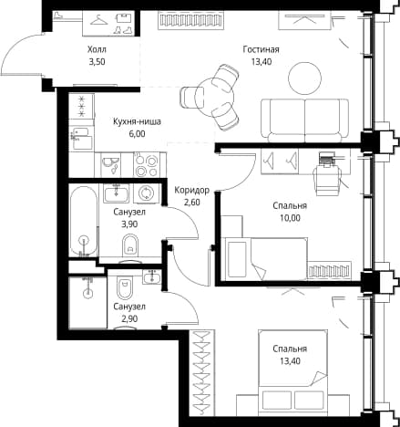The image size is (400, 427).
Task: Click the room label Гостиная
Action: pyautogui.click(x=261, y=49)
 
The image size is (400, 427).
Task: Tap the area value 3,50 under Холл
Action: pyautogui.click(x=97, y=62)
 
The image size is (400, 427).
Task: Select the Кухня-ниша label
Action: pyautogui.click(x=137, y=121)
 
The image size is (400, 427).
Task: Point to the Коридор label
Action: pyautogui.click(x=191, y=191)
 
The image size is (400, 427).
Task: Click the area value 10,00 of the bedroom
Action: pyautogui.click(x=291, y=218)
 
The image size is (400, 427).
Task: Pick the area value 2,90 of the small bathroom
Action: pyautogui.click(x=129, y=318)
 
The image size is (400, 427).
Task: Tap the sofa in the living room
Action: pyautogui.click(x=304, y=120)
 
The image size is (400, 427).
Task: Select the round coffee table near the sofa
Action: pyautogui.click(x=304, y=78)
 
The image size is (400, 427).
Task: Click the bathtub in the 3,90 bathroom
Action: pyautogui.click(x=84, y=221)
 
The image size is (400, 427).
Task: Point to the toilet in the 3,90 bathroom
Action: pyautogui.click(x=130, y=245)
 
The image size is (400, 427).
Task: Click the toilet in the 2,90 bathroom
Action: pyautogui.click(x=125, y=288)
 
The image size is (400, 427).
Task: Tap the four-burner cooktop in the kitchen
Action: pyautogui.click(x=147, y=165)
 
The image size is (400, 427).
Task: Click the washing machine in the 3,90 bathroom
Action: pyautogui.click(x=147, y=193)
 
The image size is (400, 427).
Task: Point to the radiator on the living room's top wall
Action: pyautogui.click(x=191, y=20)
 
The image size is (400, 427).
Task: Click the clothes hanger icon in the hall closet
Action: pyautogui.click(x=99, y=20)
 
